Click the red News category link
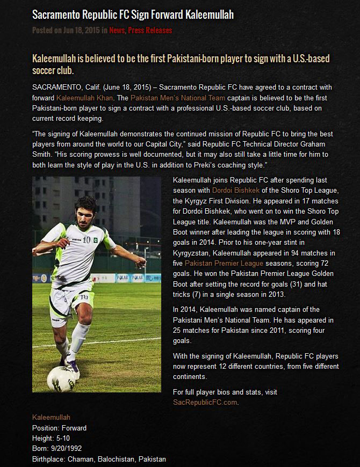[x=116, y=30]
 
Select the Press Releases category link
[x=150, y=30]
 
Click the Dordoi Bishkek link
[x=235, y=190]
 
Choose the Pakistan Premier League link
[x=224, y=263]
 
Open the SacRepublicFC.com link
[x=205, y=402]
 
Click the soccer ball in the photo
[x=60, y=378]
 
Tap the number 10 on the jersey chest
[x=86, y=239]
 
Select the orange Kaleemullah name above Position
[x=51, y=418]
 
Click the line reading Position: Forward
[x=59, y=428]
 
